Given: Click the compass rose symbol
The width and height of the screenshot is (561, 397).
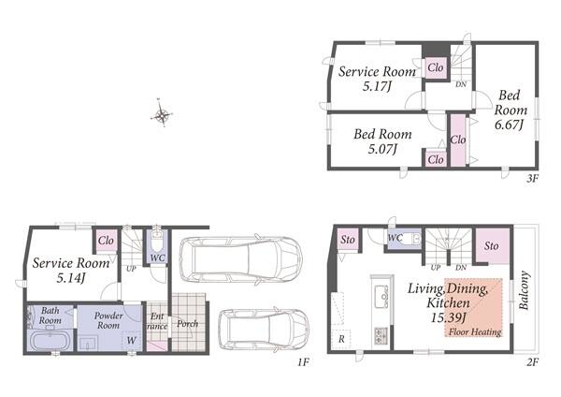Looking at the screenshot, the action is click(162, 113).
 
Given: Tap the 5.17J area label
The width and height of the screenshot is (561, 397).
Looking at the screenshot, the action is click(377, 86).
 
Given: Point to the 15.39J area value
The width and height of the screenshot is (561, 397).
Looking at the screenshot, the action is click(449, 317).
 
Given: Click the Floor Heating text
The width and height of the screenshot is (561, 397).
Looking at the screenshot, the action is click(475, 331).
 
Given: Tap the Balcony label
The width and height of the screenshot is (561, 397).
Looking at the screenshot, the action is click(524, 290).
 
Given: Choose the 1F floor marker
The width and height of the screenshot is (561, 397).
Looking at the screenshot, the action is click(303, 362).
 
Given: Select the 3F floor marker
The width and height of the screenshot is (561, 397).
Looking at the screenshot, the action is click(532, 178).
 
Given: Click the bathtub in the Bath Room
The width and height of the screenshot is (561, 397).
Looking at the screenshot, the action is click(50, 341).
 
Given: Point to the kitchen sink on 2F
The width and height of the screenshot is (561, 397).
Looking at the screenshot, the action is click(381, 296).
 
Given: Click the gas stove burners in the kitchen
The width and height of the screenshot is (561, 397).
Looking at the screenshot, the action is click(381, 336).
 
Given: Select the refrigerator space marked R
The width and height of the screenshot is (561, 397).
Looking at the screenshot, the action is click(341, 339).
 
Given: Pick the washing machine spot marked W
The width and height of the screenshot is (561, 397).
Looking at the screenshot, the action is click(131, 341).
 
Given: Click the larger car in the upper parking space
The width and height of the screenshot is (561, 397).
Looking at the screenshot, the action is click(240, 259).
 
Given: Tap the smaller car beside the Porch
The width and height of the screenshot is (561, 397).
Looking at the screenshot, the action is click(264, 329).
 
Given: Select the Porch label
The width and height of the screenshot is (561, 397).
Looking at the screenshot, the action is click(188, 324).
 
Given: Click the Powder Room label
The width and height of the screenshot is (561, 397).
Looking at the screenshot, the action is click(108, 320).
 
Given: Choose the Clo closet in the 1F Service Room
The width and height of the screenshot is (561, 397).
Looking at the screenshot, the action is click(106, 241).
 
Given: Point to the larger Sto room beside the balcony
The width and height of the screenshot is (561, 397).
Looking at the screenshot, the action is click(493, 246).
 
